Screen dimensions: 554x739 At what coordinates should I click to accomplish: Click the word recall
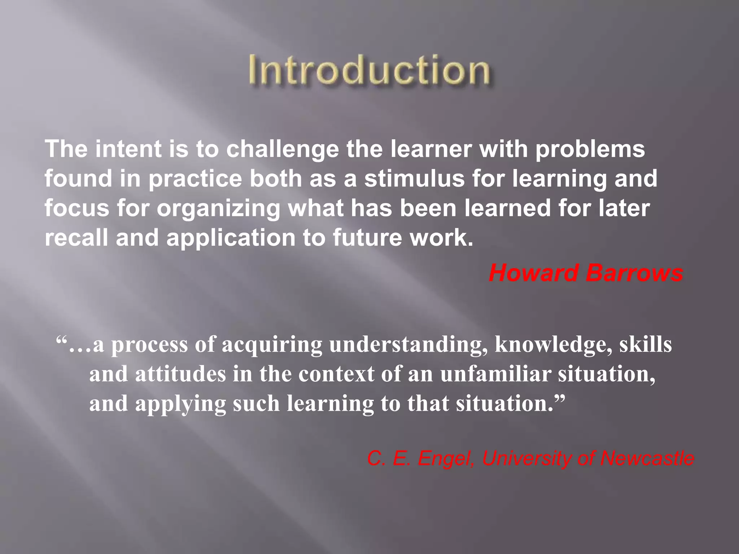click(x=76, y=238)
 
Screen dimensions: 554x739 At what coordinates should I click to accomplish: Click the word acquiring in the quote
click(x=271, y=344)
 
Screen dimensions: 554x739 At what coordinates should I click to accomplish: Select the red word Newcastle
click(x=647, y=458)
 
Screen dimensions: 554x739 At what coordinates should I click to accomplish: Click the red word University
click(x=527, y=459)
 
